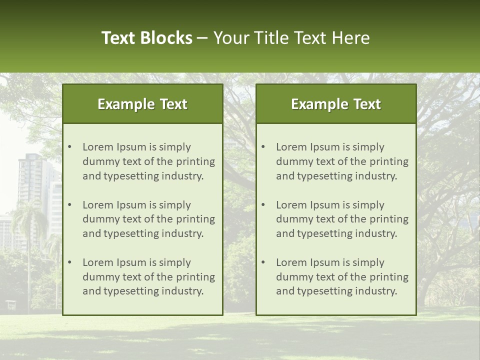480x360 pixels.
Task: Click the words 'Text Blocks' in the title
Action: point(147,38)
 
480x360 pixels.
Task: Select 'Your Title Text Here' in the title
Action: point(291,38)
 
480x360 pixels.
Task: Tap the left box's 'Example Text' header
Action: point(142,104)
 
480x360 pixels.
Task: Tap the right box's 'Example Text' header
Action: point(336,104)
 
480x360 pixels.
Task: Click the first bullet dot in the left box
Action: point(70,147)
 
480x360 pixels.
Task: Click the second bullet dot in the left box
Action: point(70,205)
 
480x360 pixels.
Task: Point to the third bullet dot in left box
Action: point(70,262)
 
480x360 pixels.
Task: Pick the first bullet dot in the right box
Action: point(263,147)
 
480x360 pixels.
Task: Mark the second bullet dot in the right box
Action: point(263,205)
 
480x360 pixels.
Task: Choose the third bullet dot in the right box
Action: point(263,262)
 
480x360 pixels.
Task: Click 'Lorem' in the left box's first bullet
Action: point(98,147)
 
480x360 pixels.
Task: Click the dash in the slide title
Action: point(202,38)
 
